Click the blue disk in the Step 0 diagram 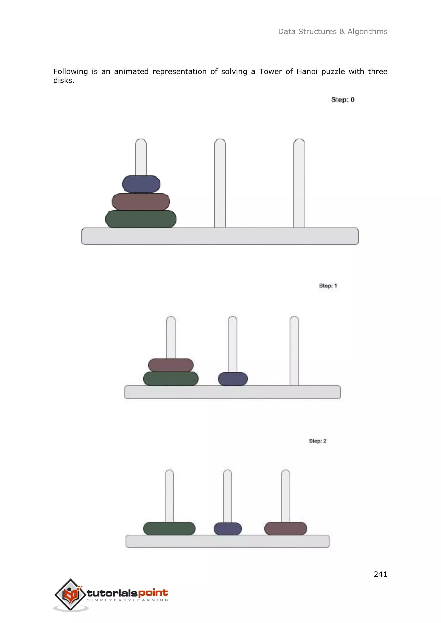pyautogui.click(x=141, y=184)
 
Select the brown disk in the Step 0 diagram pyautogui.click(x=141, y=202)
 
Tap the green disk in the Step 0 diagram pyautogui.click(x=141, y=219)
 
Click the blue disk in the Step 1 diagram pyautogui.click(x=233, y=379)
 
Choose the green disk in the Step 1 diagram pyautogui.click(x=171, y=379)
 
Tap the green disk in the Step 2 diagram pyautogui.click(x=169, y=529)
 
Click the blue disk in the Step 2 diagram pyautogui.click(x=228, y=529)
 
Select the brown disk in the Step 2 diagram pyautogui.click(x=286, y=529)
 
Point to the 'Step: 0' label pyautogui.click(x=343, y=100)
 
